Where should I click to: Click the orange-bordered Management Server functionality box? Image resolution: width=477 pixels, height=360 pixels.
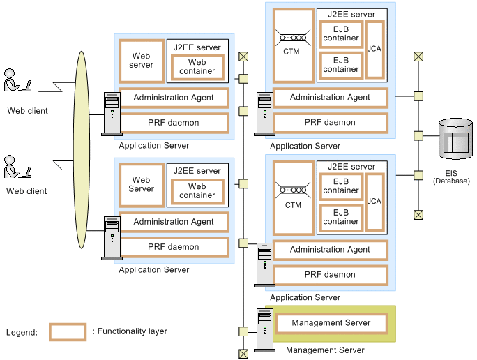(331, 323)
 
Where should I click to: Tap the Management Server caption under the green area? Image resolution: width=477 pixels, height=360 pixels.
(325, 350)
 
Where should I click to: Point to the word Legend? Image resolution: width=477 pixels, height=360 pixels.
(22, 333)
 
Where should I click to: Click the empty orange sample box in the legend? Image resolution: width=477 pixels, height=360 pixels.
(68, 332)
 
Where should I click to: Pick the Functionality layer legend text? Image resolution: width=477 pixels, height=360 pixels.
(130, 332)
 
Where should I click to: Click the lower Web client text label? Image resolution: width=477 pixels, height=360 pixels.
(26, 191)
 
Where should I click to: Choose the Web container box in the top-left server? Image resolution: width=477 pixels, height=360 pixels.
(197, 67)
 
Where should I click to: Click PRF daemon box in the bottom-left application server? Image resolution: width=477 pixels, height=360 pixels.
(174, 247)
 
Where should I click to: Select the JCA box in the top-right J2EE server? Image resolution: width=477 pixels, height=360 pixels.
(374, 49)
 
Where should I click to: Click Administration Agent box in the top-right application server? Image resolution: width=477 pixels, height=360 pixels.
(330, 98)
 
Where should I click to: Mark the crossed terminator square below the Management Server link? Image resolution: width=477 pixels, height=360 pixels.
(243, 353)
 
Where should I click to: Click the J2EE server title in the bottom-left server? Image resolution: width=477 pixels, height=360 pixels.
(197, 171)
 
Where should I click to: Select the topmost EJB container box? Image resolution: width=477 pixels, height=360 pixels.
(341, 33)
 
